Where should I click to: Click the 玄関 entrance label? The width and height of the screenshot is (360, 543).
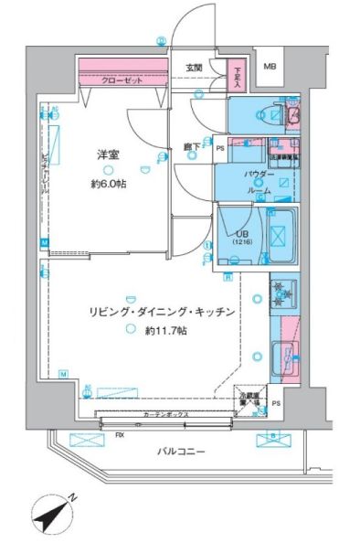[x=195, y=68]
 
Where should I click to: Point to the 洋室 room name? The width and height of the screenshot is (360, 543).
[x=109, y=154]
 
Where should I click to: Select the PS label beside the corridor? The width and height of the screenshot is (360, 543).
[x=219, y=147]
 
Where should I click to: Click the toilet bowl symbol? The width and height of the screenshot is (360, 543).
[x=266, y=113]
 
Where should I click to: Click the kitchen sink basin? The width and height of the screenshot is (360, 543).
[x=283, y=354]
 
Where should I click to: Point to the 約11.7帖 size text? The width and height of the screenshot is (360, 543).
[x=164, y=330]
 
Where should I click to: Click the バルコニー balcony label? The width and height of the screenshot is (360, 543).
[x=180, y=452]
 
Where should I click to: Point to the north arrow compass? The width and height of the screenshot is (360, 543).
[x=52, y=514]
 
